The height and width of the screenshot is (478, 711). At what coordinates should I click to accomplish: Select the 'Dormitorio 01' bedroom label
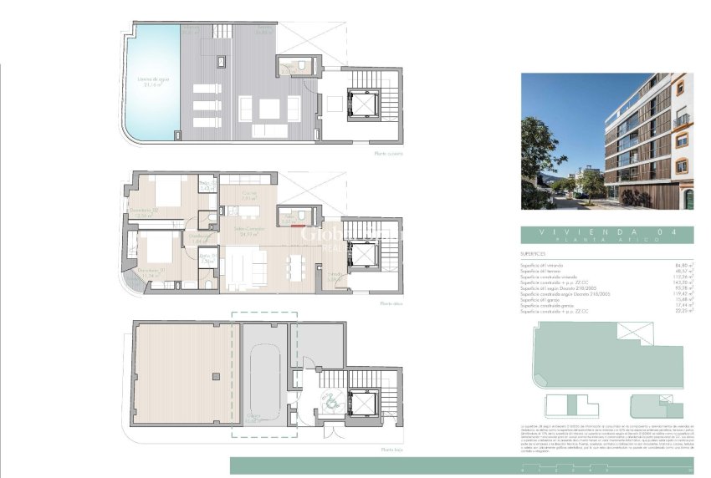[x=141, y=272]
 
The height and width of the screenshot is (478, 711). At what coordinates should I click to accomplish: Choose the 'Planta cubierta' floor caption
[x=390, y=154]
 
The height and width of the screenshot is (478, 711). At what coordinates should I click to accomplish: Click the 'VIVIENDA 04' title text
[x=602, y=231]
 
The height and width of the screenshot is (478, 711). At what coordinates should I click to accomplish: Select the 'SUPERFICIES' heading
[x=533, y=254]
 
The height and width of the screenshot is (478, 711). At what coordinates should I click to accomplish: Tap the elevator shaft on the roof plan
[x=365, y=103]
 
